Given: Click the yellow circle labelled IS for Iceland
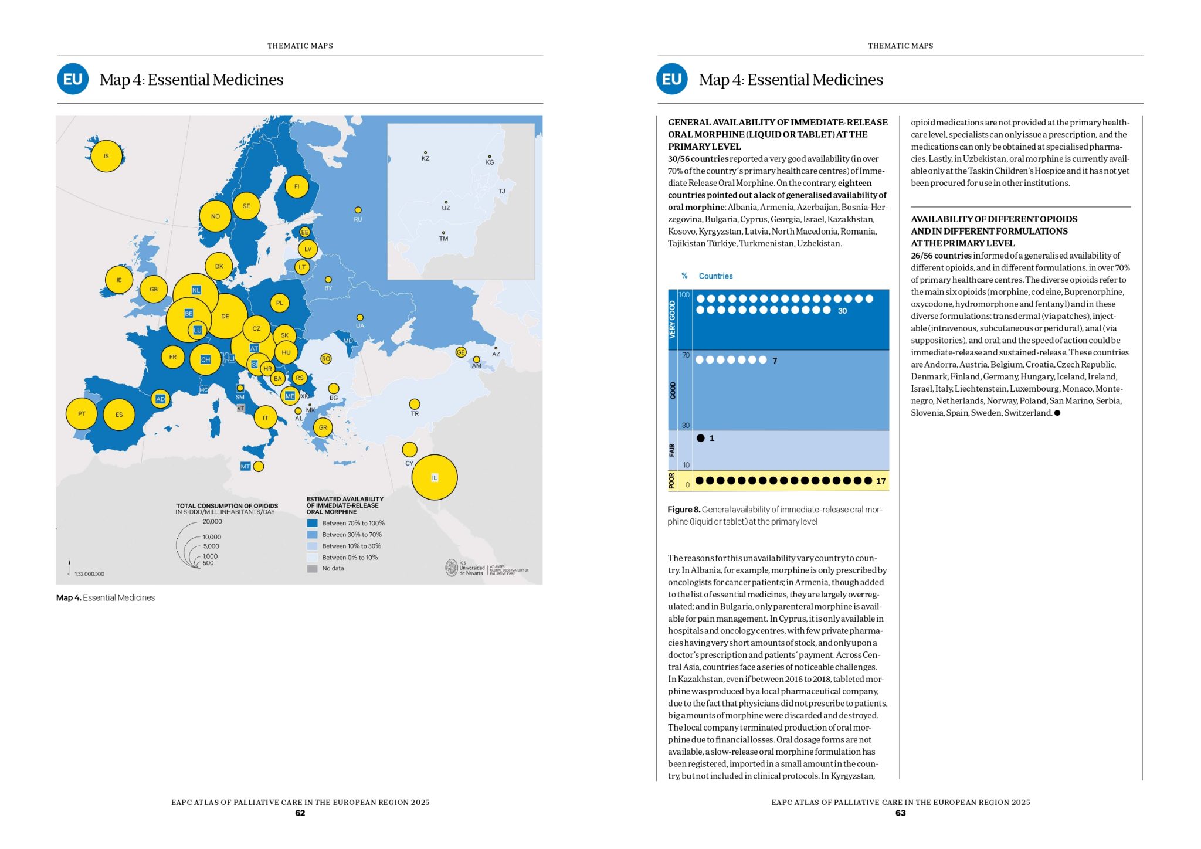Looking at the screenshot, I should tap(106, 156).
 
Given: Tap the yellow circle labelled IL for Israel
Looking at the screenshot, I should tap(435, 477).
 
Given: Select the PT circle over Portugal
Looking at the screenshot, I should tap(82, 414).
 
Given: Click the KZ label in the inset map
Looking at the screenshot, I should tap(425, 158).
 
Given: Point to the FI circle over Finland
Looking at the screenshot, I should tap(297, 186).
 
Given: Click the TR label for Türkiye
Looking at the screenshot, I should tap(415, 413).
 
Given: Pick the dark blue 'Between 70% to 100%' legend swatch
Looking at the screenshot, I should tap(312, 523).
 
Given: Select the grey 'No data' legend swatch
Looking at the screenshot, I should tap(312, 568).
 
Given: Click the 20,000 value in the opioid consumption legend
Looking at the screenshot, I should tap(212, 521).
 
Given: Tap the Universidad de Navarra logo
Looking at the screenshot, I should tap(465, 568).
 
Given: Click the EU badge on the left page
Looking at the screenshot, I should tap(73, 79).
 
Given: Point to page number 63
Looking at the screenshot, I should tap(900, 813).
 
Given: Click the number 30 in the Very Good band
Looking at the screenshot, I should tap(842, 311).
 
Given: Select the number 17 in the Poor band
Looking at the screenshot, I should tap(880, 481).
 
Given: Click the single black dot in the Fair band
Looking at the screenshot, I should tap(700, 438).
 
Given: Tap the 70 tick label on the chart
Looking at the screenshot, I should tap(686, 355).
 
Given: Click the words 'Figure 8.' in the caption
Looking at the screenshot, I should tap(683, 510).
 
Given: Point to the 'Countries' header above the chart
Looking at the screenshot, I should tap(715, 276).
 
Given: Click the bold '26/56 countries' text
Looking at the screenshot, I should tap(941, 256).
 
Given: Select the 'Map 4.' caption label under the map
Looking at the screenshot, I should tap(69, 597).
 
